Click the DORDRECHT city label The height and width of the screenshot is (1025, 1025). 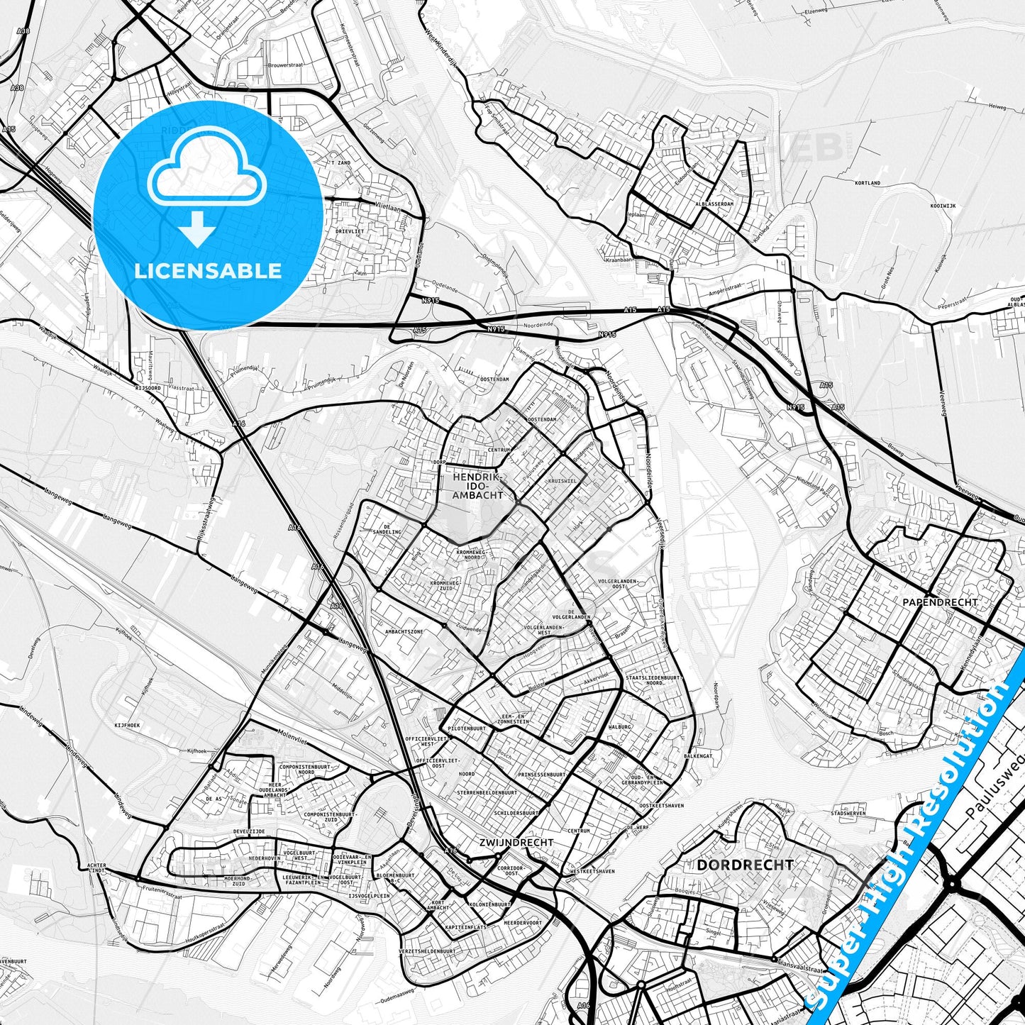(745, 865)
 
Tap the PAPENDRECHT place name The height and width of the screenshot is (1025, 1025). (940, 602)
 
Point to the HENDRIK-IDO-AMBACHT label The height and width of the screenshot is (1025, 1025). (477, 486)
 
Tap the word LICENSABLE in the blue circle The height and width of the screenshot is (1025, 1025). (207, 271)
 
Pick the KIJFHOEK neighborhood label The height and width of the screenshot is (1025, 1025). (128, 726)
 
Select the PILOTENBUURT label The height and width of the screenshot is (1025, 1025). (466, 728)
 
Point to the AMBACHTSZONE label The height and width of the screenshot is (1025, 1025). (404, 631)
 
